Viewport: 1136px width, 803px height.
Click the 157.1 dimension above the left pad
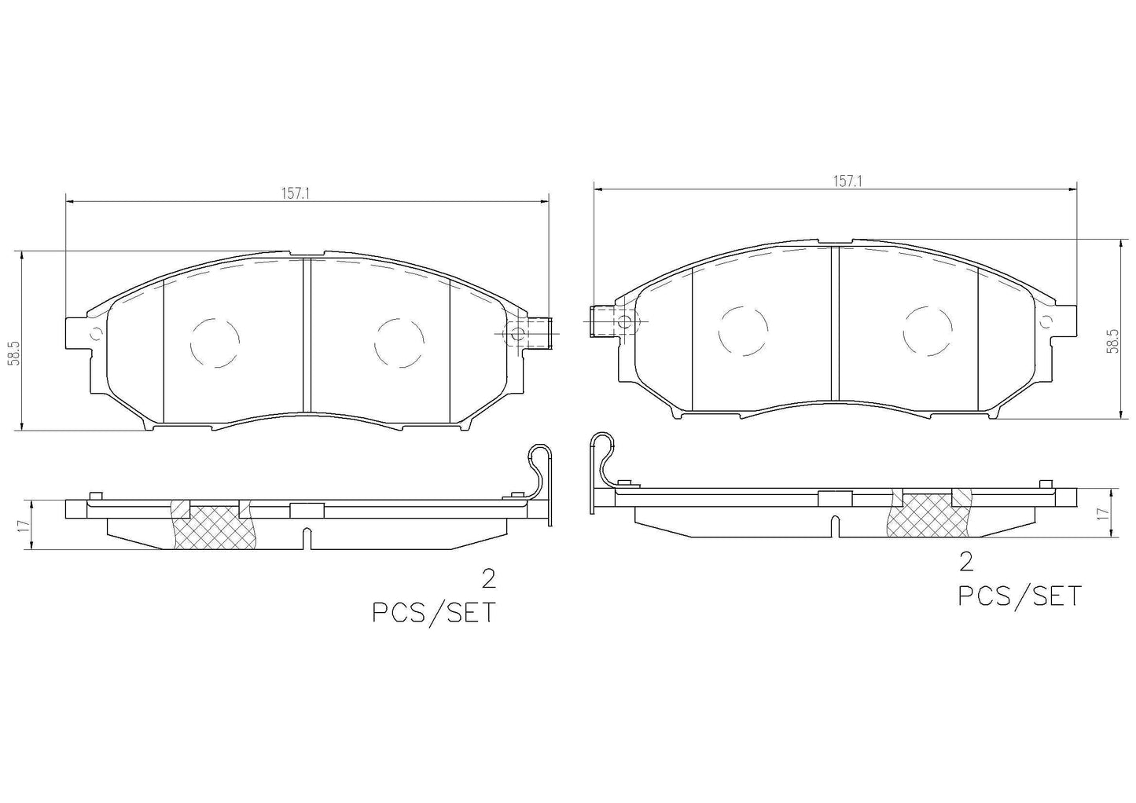[295, 193]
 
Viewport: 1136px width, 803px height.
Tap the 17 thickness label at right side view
[1101, 513]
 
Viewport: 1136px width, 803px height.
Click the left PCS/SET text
[434, 614]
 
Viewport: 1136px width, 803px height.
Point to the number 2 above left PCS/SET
[488, 579]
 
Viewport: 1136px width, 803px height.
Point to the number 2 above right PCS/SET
[967, 563]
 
